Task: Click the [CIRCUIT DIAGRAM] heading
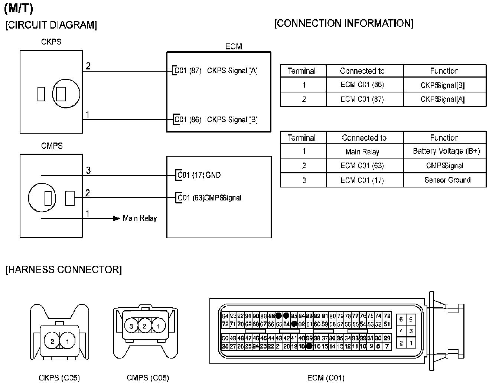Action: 51,25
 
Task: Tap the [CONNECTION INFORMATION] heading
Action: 343,23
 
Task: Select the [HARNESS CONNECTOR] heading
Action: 63,269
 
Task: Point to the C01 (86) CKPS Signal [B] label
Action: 216,120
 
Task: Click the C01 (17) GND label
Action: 199,175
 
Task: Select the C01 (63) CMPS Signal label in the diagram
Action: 209,198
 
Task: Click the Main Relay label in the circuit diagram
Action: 140,219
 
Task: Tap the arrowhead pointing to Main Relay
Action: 117,218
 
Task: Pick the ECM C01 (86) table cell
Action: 362,85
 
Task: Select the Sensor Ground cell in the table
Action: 447,180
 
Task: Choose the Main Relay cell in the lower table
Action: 362,151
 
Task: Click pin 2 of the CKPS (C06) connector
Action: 52,341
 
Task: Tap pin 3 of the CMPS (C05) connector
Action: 131,327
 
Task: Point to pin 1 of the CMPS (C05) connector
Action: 158,327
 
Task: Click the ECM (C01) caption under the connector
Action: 326,378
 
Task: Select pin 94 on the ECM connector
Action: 225,316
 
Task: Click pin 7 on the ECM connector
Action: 387,346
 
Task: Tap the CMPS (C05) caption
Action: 147,378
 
